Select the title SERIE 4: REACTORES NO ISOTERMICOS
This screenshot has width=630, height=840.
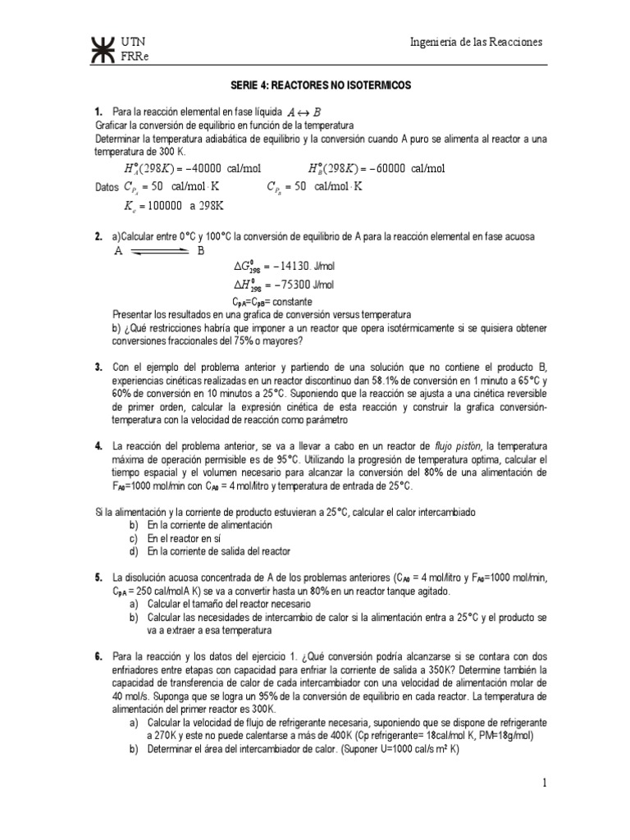click(x=315, y=85)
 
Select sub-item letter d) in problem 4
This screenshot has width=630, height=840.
click(x=133, y=550)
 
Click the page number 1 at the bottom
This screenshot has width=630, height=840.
click(x=544, y=784)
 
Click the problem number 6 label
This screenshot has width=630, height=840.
click(x=98, y=656)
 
